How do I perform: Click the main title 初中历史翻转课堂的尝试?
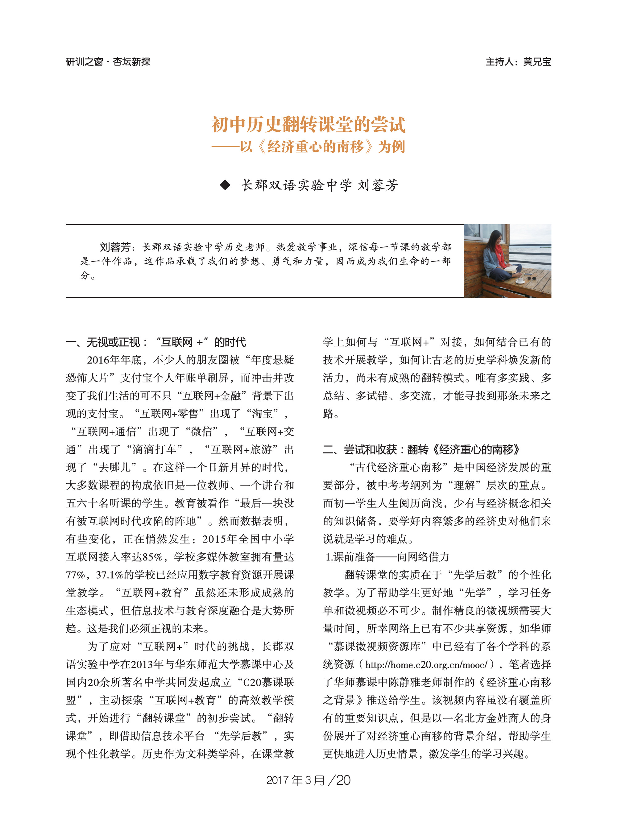[x=308, y=124]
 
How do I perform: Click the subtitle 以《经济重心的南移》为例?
[x=322, y=147]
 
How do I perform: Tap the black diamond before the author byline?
[x=225, y=185]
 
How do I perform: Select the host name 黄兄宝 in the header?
[x=537, y=62]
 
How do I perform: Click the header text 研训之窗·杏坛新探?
[x=108, y=62]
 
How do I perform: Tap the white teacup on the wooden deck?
[x=520, y=280]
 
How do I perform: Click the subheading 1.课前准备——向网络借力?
[x=387, y=557]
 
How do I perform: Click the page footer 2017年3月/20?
[x=308, y=780]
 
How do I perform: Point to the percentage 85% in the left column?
[x=153, y=557]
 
